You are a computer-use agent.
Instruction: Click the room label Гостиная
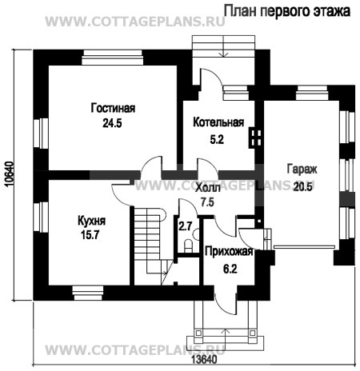[x=113, y=108]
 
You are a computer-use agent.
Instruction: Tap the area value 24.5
[x=112, y=123]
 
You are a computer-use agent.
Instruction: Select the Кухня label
[x=91, y=221]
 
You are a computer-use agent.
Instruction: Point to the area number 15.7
[x=90, y=235]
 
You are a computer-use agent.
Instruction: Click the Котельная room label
[x=218, y=122]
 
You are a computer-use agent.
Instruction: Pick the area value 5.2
[x=217, y=139]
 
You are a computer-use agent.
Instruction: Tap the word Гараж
[x=302, y=170]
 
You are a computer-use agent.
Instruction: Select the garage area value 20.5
[x=302, y=186]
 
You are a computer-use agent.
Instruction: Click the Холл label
[x=208, y=188]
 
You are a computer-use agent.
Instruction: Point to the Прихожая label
[x=229, y=251]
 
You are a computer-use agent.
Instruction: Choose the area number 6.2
[x=230, y=269]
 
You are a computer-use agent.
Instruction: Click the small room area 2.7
[x=186, y=226]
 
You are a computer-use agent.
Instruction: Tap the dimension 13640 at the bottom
[x=204, y=359]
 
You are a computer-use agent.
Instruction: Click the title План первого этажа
[x=286, y=11]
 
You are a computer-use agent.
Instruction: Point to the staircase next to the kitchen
[x=150, y=245]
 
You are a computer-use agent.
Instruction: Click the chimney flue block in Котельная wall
[x=254, y=138]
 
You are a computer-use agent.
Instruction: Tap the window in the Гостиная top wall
[x=112, y=58]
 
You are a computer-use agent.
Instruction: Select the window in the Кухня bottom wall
[x=88, y=293]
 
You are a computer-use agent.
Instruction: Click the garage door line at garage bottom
[x=304, y=247]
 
